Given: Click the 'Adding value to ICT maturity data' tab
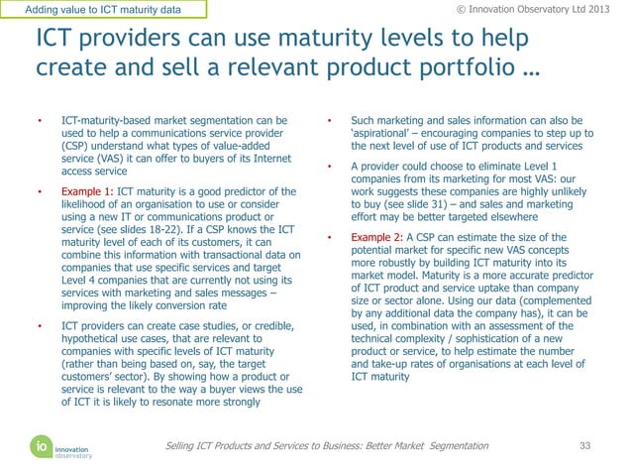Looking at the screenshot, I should (x=104, y=10).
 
